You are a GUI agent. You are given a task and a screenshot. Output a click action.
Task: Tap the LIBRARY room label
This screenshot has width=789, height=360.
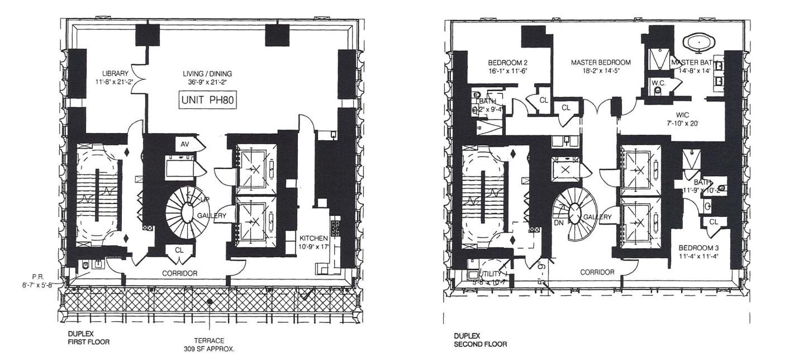115,73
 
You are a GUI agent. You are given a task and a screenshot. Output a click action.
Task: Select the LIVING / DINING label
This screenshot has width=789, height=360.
207,73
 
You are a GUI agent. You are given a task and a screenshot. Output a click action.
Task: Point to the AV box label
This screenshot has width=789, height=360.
185,144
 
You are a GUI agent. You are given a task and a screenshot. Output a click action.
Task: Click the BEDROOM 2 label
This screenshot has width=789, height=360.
507,62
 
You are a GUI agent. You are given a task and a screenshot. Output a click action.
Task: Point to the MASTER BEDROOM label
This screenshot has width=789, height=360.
601,62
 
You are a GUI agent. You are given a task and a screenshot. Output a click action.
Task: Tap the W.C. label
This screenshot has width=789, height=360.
657,82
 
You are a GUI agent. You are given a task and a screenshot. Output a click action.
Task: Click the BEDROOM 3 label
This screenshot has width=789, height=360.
698,248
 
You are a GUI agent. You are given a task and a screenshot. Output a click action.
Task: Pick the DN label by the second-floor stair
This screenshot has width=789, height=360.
558,222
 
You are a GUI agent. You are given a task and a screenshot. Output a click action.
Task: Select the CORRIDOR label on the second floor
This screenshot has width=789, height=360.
597,272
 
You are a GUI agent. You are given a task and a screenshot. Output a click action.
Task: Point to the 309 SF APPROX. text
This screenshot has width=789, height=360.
210,348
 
